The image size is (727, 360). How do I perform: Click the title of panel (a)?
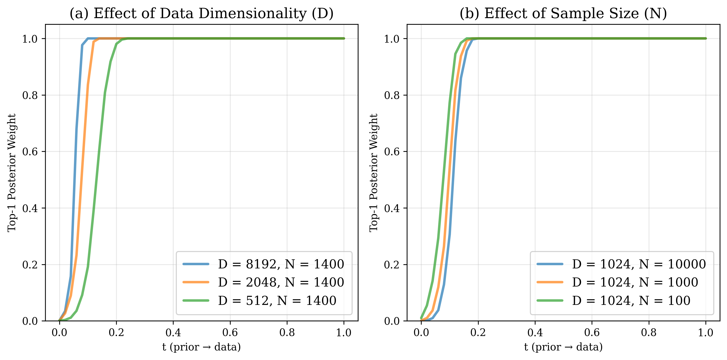click(x=202, y=13)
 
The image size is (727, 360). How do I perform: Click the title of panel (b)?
click(x=563, y=13)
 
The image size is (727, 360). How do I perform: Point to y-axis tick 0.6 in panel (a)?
click(x=30, y=152)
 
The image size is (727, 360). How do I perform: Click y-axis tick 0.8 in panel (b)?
click(x=392, y=95)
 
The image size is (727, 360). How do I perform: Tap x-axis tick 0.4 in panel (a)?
click(x=173, y=333)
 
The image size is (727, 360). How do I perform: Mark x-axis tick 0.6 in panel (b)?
click(x=592, y=333)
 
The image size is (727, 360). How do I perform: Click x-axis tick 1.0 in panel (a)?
click(x=344, y=333)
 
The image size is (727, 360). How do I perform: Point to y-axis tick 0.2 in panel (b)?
click(x=392, y=264)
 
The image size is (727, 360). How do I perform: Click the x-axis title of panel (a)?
click(x=202, y=347)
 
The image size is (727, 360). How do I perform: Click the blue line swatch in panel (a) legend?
click(x=196, y=264)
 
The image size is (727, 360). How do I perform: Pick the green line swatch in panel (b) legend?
click(x=550, y=300)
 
